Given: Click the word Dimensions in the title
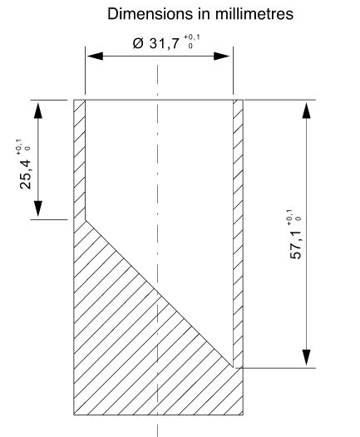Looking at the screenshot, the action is pyautogui.click(x=150, y=13).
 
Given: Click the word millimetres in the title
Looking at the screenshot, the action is pyautogui.click(x=254, y=13).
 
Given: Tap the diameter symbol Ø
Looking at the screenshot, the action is pyautogui.click(x=138, y=43).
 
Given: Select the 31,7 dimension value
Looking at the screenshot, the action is pyautogui.click(x=165, y=44).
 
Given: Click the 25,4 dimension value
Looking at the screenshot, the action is pyautogui.click(x=26, y=174).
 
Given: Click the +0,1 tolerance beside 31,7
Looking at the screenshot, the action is pyautogui.click(x=192, y=37).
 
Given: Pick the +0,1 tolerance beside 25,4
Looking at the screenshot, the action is pyautogui.click(x=18, y=147).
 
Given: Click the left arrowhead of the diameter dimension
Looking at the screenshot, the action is pyautogui.click(x=95, y=56).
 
